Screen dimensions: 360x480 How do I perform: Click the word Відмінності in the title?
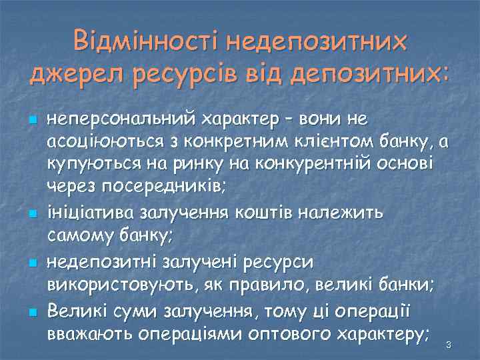(x=145, y=41)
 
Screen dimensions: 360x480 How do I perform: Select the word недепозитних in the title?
(x=315, y=41)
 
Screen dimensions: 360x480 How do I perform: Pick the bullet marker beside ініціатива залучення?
(x=31, y=214)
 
